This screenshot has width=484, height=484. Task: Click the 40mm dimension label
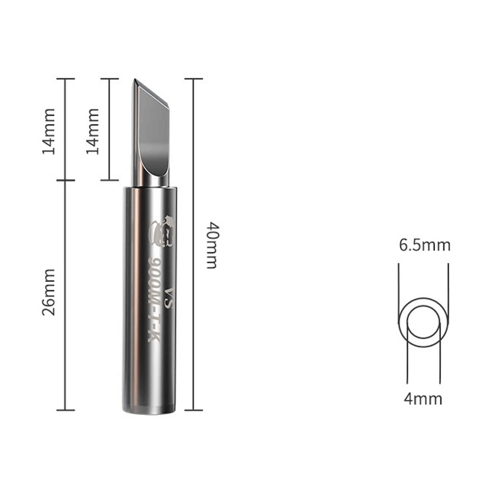coord(213,245)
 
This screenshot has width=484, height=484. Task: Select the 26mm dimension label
coord(49,292)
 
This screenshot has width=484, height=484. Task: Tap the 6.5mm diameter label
coord(425,246)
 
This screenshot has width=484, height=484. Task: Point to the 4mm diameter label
coord(423,399)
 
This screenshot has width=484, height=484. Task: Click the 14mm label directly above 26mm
coord(49,131)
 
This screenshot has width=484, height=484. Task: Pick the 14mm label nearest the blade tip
coord(93,131)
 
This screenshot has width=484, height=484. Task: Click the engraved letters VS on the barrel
coord(169,298)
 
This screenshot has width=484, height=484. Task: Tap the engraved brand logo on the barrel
coord(162,231)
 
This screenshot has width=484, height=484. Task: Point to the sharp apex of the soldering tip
coord(134,79)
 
